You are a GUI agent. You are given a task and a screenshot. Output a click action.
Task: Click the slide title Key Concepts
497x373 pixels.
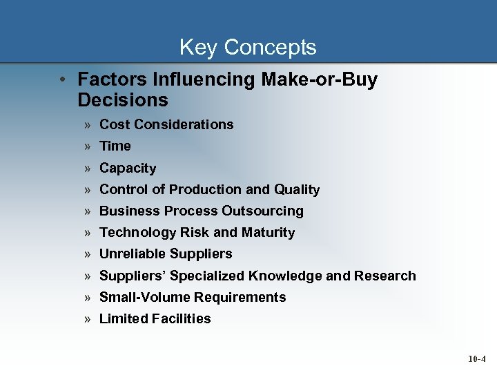[x=248, y=47]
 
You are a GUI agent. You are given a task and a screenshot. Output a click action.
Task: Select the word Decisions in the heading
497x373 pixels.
[x=123, y=100]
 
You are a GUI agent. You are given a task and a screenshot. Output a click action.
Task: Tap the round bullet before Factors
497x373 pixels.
[x=64, y=79]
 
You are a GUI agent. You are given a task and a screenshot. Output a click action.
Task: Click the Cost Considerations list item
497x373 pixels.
[x=166, y=124]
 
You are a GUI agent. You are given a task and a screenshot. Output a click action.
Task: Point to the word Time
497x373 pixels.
[x=115, y=146]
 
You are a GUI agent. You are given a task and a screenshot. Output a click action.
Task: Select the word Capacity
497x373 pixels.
[x=128, y=168]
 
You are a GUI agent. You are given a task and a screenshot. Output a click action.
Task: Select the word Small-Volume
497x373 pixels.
[x=145, y=297]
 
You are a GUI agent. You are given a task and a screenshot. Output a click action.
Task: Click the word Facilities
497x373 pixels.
[x=183, y=318]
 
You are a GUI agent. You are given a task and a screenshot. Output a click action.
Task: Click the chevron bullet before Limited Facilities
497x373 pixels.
[x=89, y=319]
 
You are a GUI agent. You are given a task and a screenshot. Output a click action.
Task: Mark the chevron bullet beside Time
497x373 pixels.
[x=89, y=146]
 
